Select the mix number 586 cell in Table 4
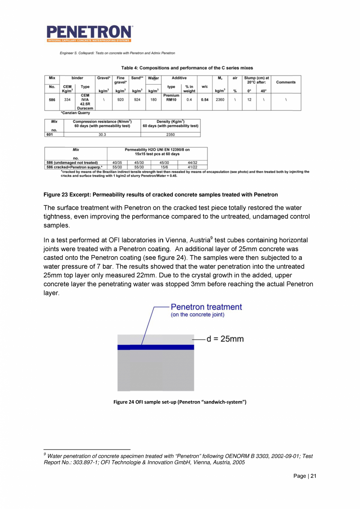coord(52,100)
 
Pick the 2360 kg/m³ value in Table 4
coord(220,100)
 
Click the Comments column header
coord(286,82)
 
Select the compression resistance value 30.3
coord(102,135)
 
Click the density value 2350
coord(170,135)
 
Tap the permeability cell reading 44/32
coord(192,162)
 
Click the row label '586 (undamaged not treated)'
coord(72,162)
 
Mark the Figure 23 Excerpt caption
coord(160,194)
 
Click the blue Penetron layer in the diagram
coord(156,347)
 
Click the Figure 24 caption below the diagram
coord(180,402)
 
